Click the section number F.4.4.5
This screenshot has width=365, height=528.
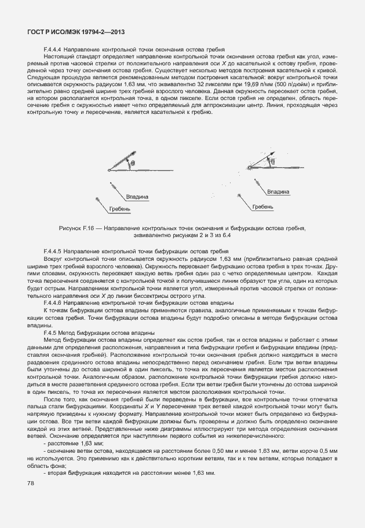pos(53,252)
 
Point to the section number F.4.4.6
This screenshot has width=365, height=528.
pos(53,302)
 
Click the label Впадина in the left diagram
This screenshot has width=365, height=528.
pos(137,197)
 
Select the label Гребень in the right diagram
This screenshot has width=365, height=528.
pos(262,206)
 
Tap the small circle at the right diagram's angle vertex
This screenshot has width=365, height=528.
pos(250,168)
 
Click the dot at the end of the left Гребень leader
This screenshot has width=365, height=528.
pos(97,198)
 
